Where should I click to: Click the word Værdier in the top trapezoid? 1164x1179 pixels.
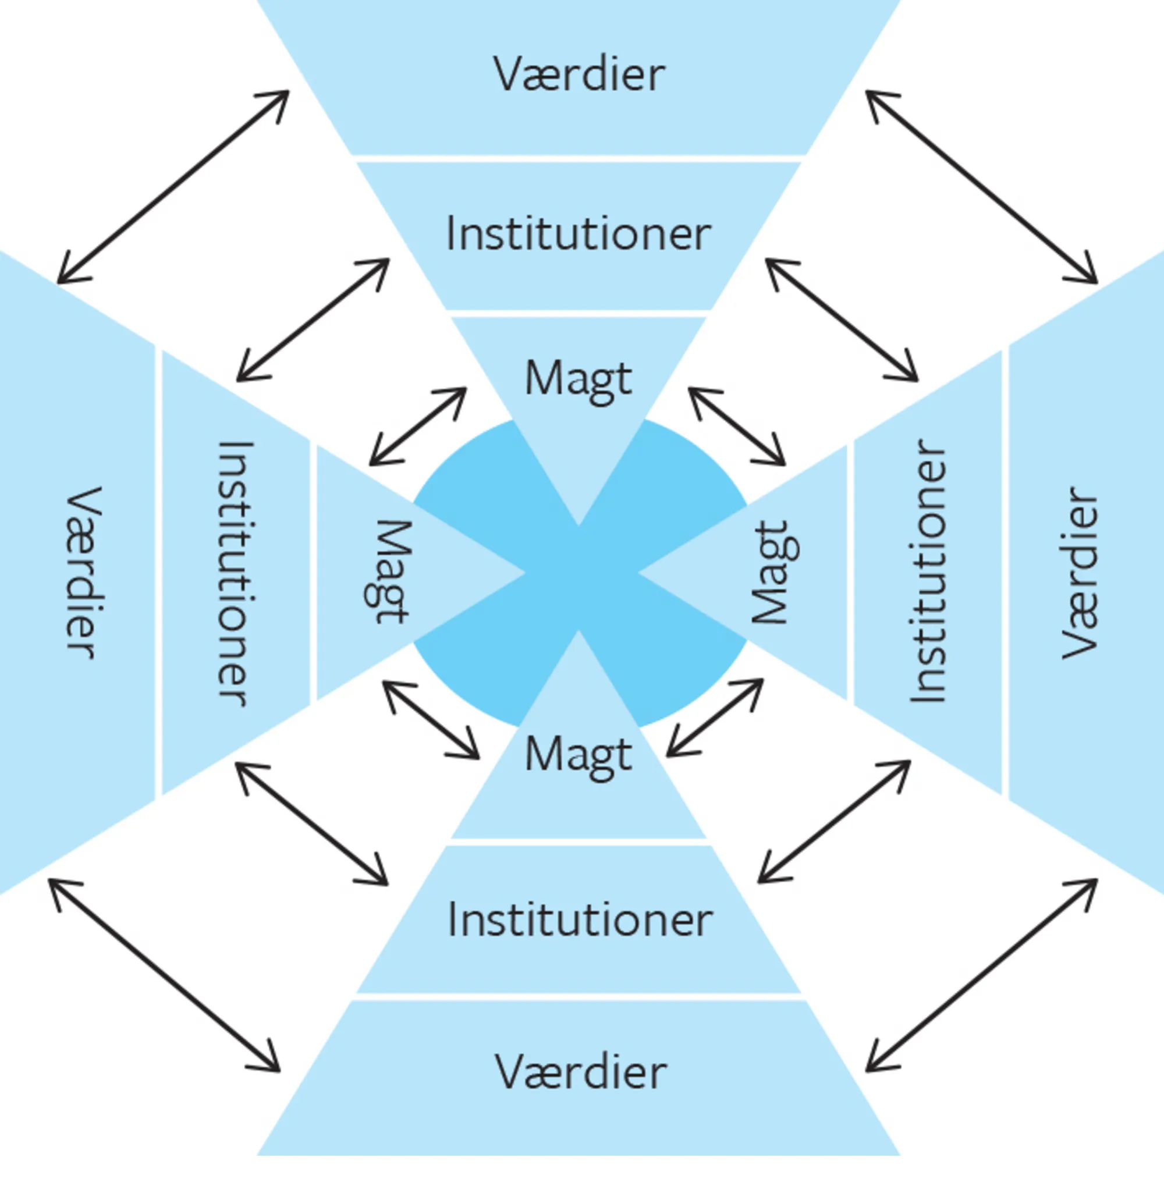579,74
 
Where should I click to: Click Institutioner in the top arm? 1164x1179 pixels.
579,234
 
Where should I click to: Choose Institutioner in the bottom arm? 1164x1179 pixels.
580,920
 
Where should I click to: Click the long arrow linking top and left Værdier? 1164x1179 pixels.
173,187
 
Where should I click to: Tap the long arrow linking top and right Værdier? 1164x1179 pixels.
981,187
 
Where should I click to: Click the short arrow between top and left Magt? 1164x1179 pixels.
418,426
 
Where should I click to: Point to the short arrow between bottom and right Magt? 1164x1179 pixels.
715,718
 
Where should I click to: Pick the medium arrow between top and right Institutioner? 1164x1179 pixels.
842,319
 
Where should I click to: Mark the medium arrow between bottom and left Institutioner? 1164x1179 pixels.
311,824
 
